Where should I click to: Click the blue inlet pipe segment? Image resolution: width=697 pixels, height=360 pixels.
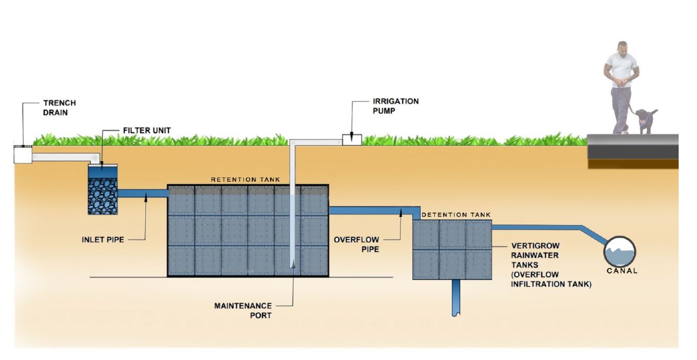142,194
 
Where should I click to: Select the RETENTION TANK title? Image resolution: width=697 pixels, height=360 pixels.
245,179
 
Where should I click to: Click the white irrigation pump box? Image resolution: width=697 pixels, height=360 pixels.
351,140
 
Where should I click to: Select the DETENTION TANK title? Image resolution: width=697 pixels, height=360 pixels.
456,215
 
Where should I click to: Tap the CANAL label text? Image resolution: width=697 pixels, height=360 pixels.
621,271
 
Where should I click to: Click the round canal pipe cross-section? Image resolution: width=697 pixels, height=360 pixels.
619,251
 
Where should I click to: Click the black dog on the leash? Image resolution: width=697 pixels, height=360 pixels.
645,120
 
